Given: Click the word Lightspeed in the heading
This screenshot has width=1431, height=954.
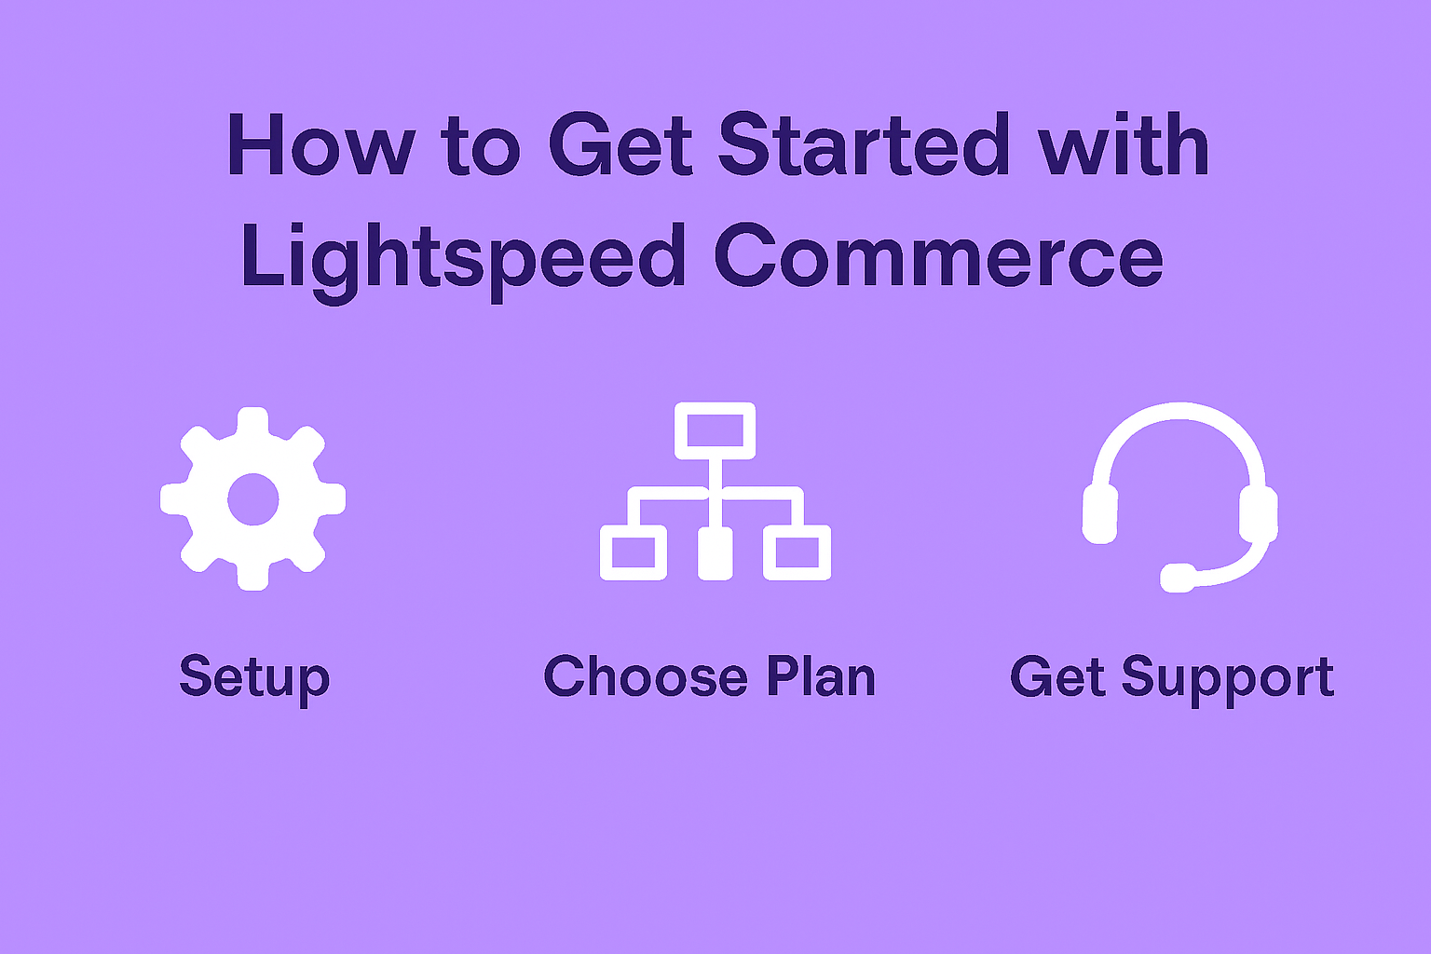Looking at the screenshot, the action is tap(463, 263).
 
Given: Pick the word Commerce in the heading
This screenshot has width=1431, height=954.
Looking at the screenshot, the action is tap(937, 256).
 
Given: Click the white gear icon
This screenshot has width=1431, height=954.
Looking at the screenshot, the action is tap(253, 498).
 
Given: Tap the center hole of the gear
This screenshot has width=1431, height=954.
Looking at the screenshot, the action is tap(253, 499).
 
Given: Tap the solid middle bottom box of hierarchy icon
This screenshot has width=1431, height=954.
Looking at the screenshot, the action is tap(715, 552).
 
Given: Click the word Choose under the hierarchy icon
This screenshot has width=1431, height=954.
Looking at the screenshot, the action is tap(646, 676).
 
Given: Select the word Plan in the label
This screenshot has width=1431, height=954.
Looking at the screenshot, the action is tap(821, 675).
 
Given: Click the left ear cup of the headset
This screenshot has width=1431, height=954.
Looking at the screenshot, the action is tap(1099, 514).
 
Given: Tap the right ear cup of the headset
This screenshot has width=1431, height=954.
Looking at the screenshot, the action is tap(1259, 513).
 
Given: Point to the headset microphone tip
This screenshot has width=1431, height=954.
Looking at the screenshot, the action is tap(1178, 578).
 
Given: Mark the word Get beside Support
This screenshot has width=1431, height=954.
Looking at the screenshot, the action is tap(1057, 676).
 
